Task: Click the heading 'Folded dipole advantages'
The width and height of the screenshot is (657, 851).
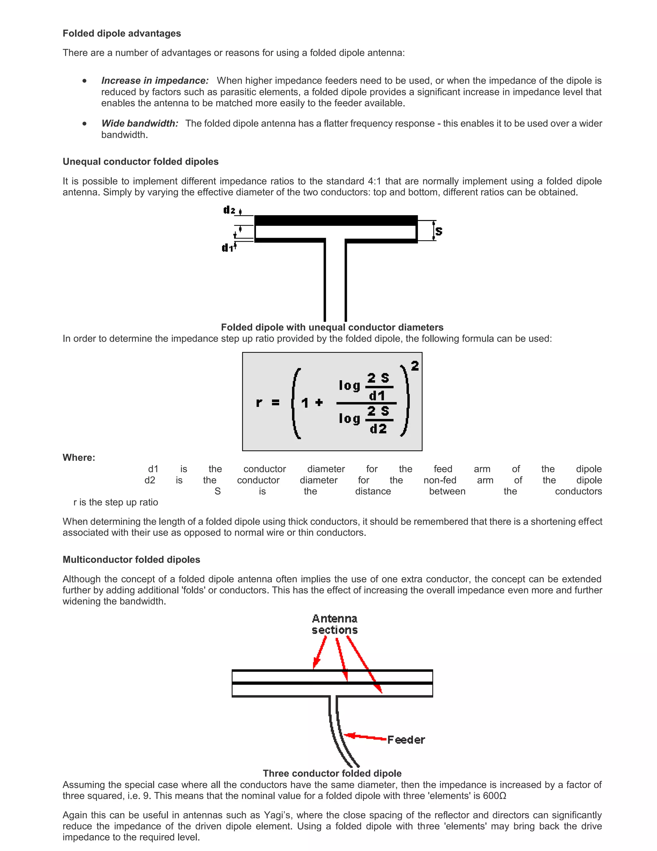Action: (x=122, y=33)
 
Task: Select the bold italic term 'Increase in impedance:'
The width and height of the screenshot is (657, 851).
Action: (x=155, y=81)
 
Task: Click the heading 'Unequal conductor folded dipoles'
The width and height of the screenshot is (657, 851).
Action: (x=141, y=162)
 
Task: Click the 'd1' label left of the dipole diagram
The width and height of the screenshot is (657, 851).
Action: (x=227, y=248)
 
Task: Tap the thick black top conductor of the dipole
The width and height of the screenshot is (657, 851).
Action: (x=336, y=221)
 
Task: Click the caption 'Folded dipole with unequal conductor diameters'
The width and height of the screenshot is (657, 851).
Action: (x=332, y=327)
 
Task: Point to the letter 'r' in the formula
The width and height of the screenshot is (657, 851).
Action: (x=259, y=402)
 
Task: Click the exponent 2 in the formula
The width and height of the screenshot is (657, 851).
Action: (x=415, y=365)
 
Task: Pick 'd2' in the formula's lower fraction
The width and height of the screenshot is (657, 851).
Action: (x=378, y=429)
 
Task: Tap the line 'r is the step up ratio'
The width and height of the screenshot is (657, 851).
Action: (x=115, y=502)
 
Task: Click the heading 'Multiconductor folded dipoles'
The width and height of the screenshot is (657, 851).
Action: (x=131, y=559)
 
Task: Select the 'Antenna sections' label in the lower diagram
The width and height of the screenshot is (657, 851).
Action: (x=334, y=624)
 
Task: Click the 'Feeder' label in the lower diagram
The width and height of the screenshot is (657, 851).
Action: (x=406, y=740)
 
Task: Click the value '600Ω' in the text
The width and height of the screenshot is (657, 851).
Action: (x=494, y=796)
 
